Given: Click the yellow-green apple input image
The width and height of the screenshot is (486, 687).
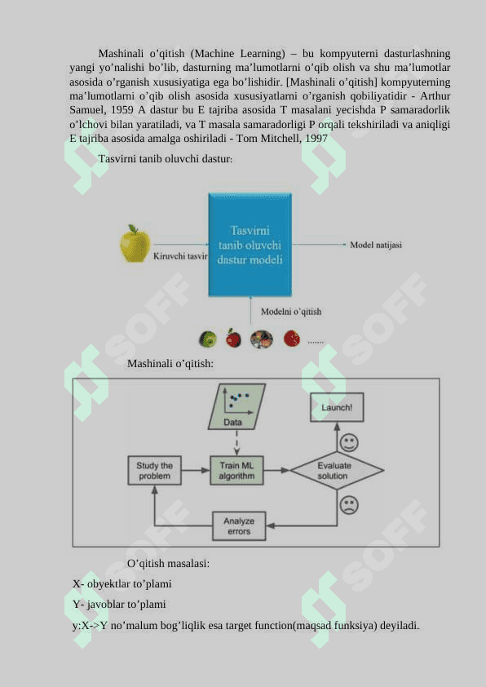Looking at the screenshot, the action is (135, 244).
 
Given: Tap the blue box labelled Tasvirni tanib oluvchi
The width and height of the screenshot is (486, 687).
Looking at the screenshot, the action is (250, 245).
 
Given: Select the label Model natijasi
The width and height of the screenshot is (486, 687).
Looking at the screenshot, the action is (376, 245).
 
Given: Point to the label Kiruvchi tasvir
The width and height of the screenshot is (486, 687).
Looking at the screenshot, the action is (180, 256).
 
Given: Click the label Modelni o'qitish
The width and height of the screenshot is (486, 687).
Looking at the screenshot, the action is (291, 312).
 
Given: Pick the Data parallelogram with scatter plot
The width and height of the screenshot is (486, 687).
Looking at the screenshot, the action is (236, 406).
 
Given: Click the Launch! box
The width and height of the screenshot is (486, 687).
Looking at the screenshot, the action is (337, 407).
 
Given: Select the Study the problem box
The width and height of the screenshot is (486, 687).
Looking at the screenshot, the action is (155, 471).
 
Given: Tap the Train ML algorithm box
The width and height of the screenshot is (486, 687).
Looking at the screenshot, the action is (236, 471).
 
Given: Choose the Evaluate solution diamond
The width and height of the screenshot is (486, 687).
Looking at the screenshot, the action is (337, 471).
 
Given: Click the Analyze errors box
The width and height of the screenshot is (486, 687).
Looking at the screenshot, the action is (239, 525).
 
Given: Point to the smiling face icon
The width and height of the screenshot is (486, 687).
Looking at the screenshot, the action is (349, 442).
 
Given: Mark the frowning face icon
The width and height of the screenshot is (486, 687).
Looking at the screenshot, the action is (349, 505).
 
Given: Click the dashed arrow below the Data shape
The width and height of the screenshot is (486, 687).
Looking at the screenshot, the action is (236, 442).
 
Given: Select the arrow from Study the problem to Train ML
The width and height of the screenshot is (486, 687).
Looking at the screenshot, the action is (196, 471).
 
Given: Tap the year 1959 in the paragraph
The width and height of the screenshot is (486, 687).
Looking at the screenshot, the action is (122, 110).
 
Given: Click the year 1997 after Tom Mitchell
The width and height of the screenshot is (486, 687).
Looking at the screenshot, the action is (316, 139).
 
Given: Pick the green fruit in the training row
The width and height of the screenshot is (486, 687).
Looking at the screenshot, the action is (208, 339).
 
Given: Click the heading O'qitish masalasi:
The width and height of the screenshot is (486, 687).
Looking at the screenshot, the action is (168, 564).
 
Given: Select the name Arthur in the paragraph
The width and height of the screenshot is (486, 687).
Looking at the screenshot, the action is (435, 96).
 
